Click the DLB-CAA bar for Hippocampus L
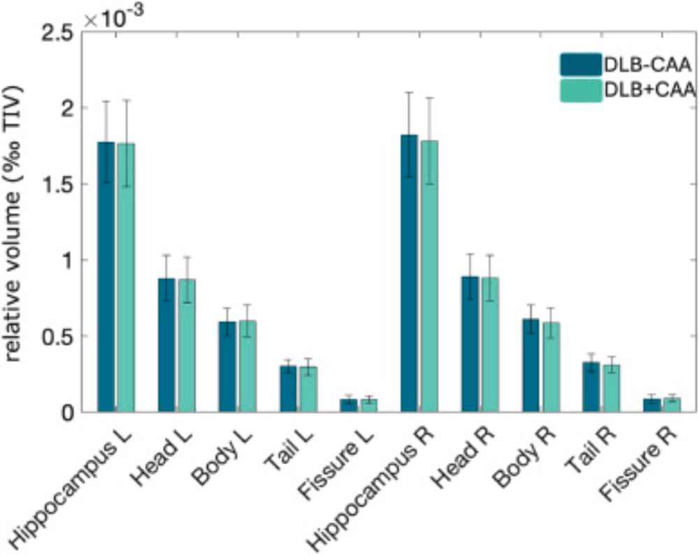[106, 280]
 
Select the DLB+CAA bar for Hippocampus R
[428, 280]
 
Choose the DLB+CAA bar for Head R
[489, 346]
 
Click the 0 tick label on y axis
[67, 412]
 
